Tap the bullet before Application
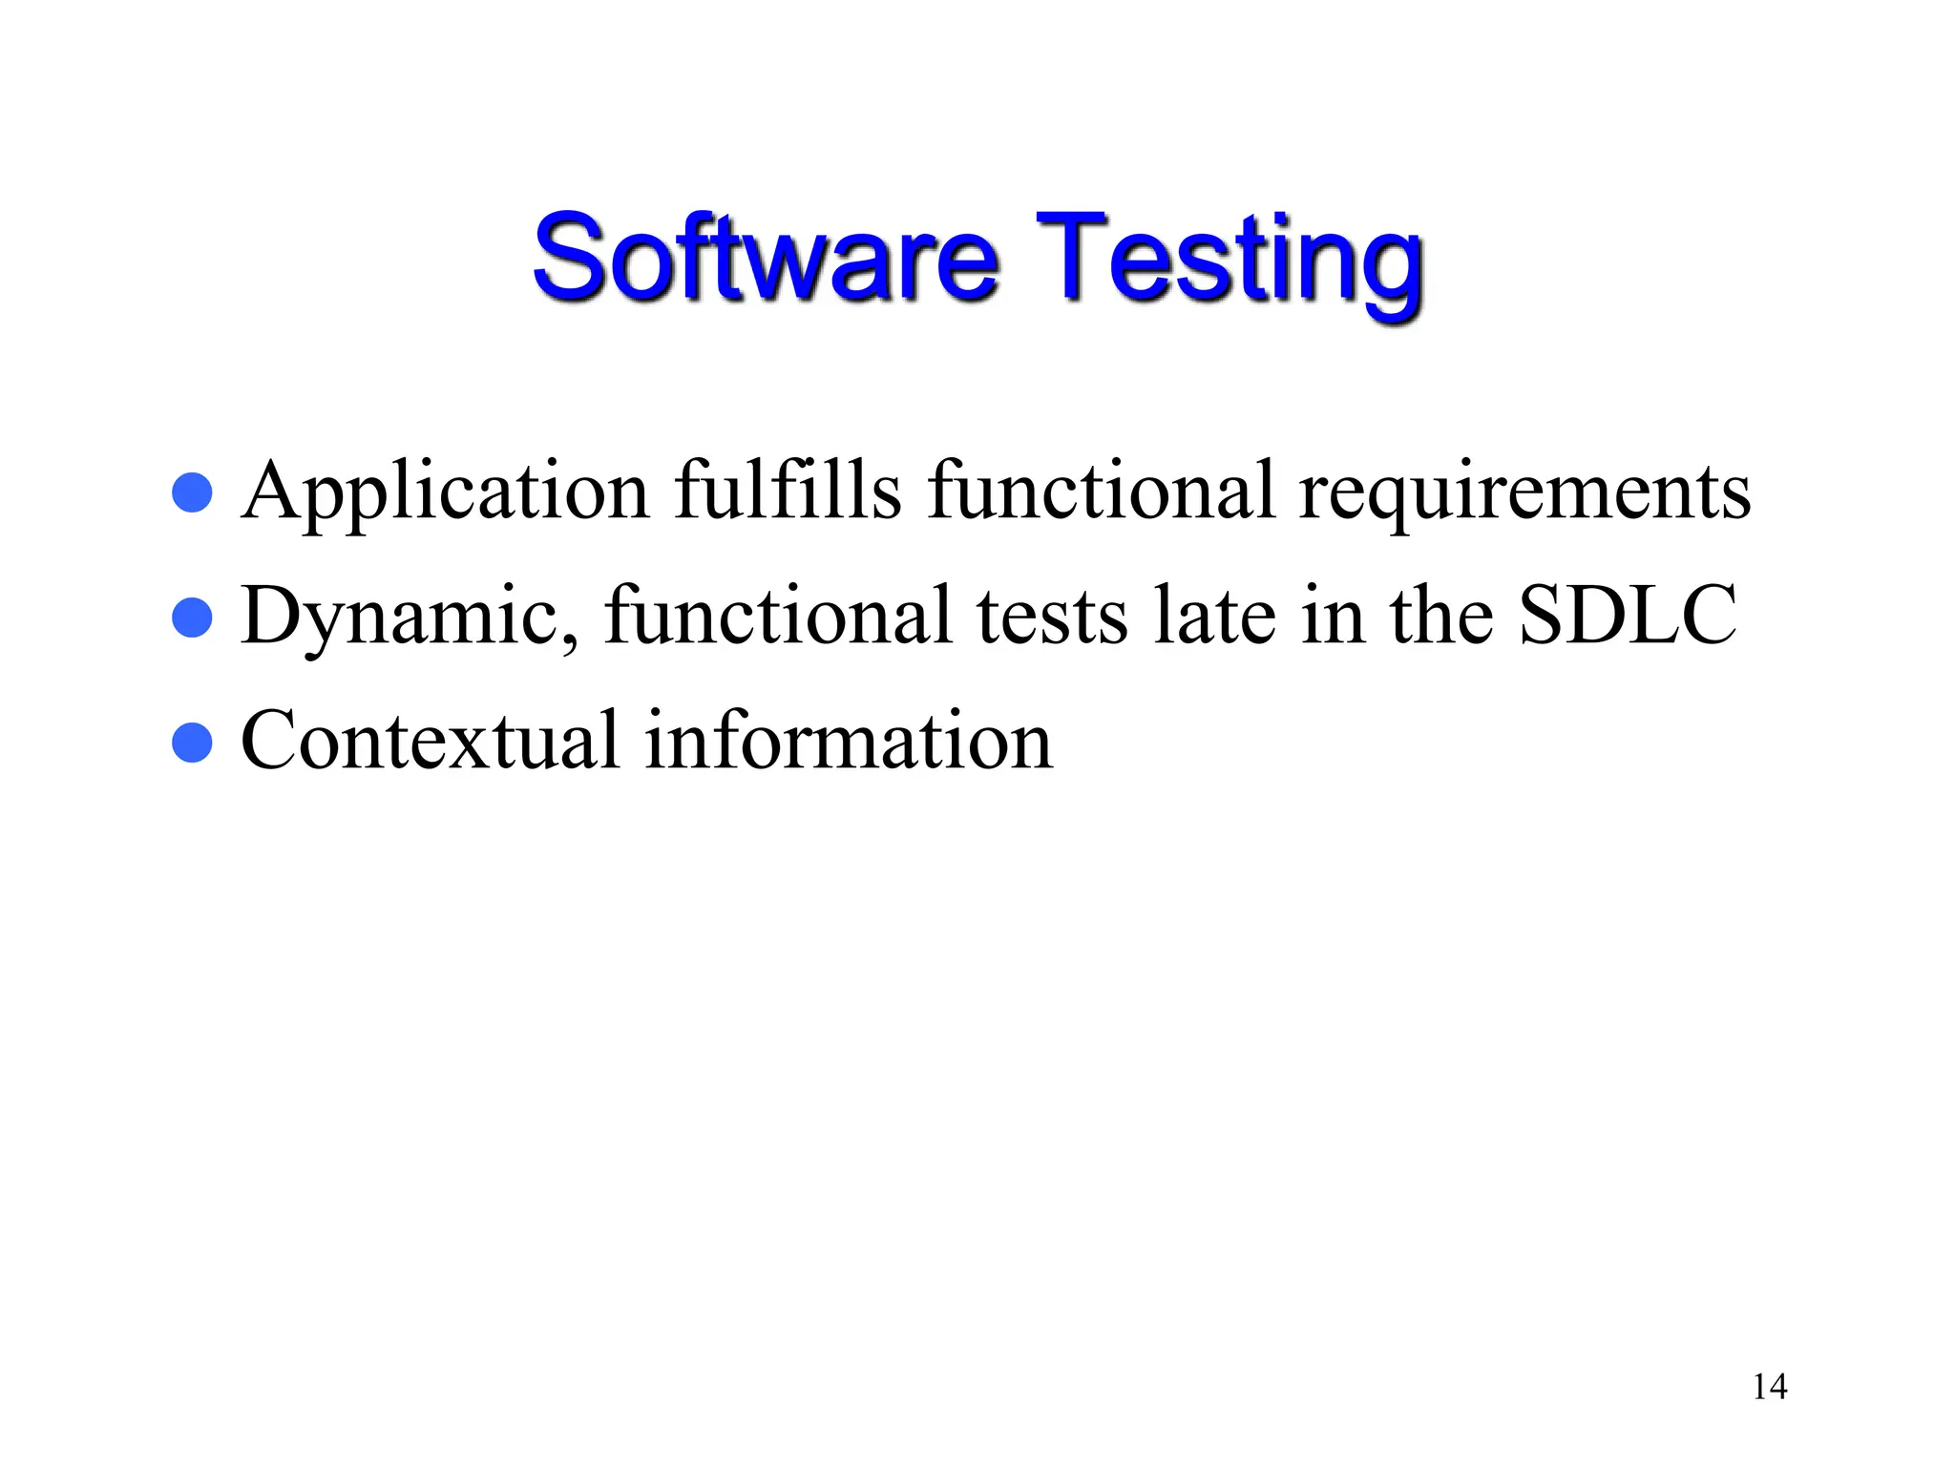[x=192, y=492]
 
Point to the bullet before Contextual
[x=192, y=743]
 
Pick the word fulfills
[x=788, y=491]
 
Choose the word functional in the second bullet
[x=778, y=616]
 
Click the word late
[x=1213, y=616]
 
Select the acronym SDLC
[x=1627, y=616]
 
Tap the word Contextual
[x=430, y=741]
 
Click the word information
[x=849, y=741]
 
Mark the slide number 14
[x=1769, y=1387]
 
